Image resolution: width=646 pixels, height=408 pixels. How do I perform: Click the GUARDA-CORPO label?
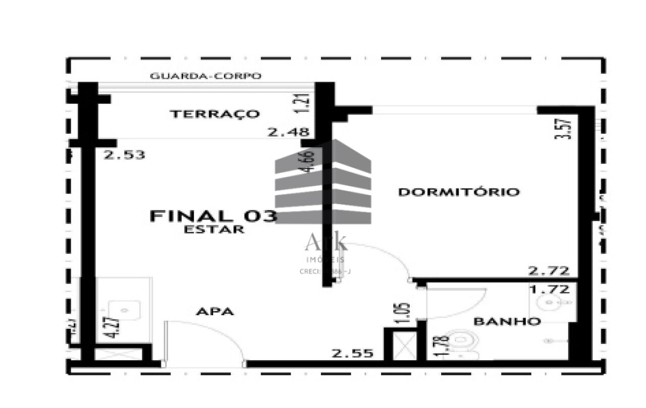206,76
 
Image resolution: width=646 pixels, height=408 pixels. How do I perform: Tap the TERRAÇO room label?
215,114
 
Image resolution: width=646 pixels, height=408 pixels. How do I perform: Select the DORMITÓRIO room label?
459,192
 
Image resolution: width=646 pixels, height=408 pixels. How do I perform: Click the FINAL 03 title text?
213,216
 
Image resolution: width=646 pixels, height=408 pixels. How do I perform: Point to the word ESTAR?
214,229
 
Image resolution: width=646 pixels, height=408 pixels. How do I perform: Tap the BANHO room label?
507,321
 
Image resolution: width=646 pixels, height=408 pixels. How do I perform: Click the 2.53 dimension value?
125,155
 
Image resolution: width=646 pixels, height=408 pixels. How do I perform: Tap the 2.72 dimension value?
549,271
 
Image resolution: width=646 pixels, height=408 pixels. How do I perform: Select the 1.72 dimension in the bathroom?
549,289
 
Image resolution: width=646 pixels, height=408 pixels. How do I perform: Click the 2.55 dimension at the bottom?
353,354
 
